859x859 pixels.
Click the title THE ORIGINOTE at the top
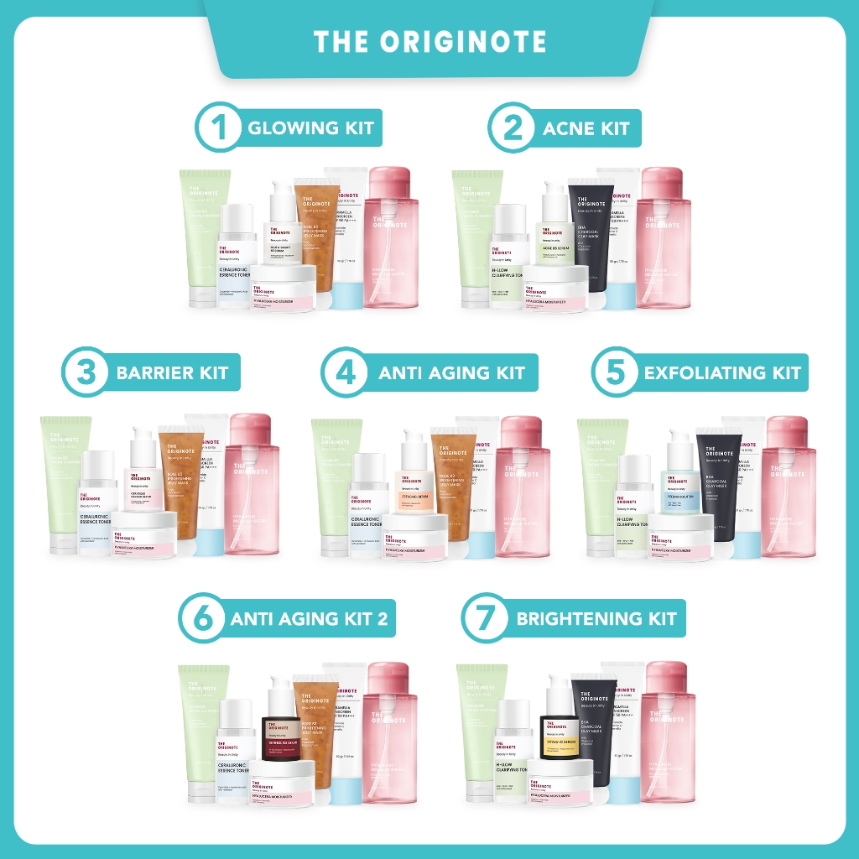click(429, 42)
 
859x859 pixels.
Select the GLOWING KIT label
click(310, 128)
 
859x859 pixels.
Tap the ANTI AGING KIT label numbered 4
click(451, 372)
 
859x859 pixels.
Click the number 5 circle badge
click(616, 372)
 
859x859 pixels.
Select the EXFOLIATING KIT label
click(722, 372)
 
